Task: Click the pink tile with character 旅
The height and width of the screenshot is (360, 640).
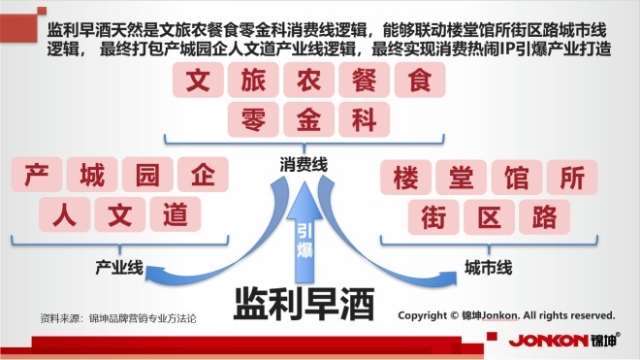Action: (x=253, y=80)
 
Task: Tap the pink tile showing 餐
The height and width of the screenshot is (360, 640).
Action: (x=364, y=80)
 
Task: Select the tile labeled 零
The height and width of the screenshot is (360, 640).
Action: (x=253, y=119)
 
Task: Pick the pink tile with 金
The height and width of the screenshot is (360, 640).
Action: (x=309, y=119)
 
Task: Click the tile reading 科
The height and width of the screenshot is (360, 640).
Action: (x=364, y=119)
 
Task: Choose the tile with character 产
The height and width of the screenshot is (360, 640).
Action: (x=37, y=175)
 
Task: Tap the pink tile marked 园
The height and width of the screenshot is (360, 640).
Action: (x=147, y=175)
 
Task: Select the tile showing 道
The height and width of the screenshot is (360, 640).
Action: (x=176, y=214)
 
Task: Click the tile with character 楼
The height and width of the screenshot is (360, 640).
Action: (x=405, y=178)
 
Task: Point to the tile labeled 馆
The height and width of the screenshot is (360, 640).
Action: (x=517, y=178)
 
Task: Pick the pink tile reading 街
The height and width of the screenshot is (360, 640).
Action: (x=433, y=217)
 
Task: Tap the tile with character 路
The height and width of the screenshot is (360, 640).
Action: (x=545, y=217)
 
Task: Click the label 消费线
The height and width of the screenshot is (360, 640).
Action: (x=304, y=165)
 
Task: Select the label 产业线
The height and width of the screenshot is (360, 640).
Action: (x=119, y=268)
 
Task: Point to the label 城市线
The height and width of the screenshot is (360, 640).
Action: (x=488, y=268)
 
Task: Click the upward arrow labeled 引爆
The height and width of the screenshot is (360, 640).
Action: (x=304, y=233)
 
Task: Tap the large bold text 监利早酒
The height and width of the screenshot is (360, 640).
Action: (x=304, y=305)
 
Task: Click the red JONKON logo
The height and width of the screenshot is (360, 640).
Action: (x=564, y=340)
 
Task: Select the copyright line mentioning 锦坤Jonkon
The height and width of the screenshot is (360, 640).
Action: (x=506, y=315)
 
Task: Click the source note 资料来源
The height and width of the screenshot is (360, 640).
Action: (x=118, y=318)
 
